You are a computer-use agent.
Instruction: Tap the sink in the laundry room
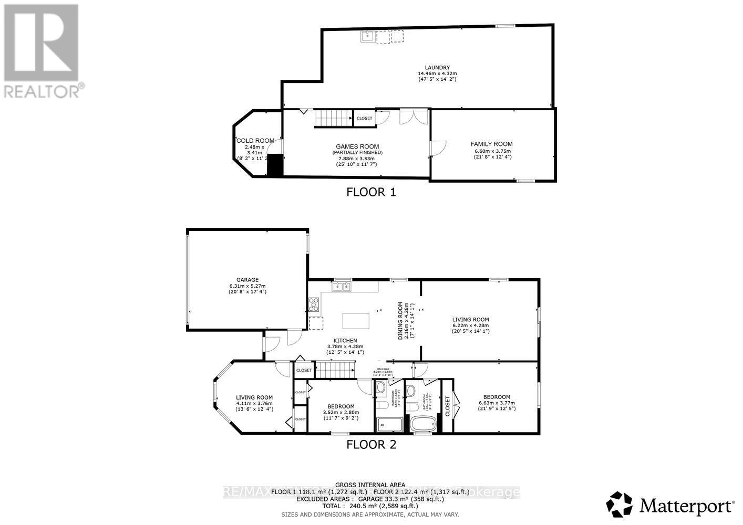366,36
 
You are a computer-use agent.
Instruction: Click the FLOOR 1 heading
371,192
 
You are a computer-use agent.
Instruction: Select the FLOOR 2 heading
371,445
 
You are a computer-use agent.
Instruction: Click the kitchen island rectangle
356,320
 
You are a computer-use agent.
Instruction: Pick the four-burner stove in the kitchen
314,304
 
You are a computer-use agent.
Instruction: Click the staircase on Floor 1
333,119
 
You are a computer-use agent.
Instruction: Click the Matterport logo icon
619,505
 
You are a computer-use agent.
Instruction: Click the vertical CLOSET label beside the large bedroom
447,406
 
